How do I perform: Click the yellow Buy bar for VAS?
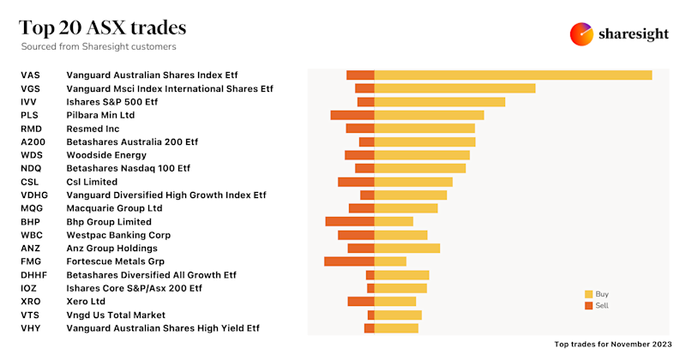513,75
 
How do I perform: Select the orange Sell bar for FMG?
349,261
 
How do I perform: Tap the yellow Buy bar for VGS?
454,88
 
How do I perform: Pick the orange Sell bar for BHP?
350,221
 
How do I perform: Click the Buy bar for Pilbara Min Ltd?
429,115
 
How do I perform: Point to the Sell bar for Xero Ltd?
361,301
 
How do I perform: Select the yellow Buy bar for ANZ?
407,248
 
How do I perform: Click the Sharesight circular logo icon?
582,34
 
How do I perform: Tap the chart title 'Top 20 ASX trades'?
103,27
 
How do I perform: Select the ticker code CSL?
30,182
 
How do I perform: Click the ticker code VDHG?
34,195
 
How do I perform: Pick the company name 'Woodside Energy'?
106,155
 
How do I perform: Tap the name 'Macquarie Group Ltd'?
114,208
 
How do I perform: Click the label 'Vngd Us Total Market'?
116,315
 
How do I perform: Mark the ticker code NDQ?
31,168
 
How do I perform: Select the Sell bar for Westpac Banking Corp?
356,235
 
